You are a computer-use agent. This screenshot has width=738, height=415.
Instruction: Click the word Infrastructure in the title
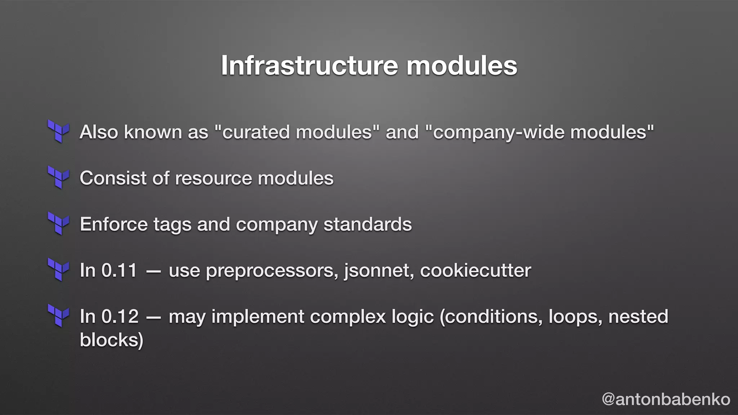[x=309, y=66]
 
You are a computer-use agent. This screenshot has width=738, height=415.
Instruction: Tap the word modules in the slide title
[x=462, y=66]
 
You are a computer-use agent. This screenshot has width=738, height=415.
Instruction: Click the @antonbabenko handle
[x=666, y=399]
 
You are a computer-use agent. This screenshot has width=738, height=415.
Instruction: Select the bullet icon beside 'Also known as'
[x=58, y=131]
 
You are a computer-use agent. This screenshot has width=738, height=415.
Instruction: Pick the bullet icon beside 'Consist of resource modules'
[x=58, y=178]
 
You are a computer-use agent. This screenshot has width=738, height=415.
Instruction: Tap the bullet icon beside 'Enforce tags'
[x=58, y=224]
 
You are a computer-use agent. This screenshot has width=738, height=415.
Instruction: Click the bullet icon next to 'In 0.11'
[x=58, y=270]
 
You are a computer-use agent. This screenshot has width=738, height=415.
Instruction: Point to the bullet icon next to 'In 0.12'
[x=58, y=316]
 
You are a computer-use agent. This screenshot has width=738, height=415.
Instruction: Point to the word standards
[x=368, y=224]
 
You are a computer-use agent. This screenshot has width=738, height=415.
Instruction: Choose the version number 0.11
[x=119, y=270]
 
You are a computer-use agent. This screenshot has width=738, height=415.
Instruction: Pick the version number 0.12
[x=120, y=316]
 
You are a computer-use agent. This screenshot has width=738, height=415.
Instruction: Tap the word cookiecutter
[x=475, y=270]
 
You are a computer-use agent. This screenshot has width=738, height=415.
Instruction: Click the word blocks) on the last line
[x=111, y=340]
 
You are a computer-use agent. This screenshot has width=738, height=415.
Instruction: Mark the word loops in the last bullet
[x=575, y=317]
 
